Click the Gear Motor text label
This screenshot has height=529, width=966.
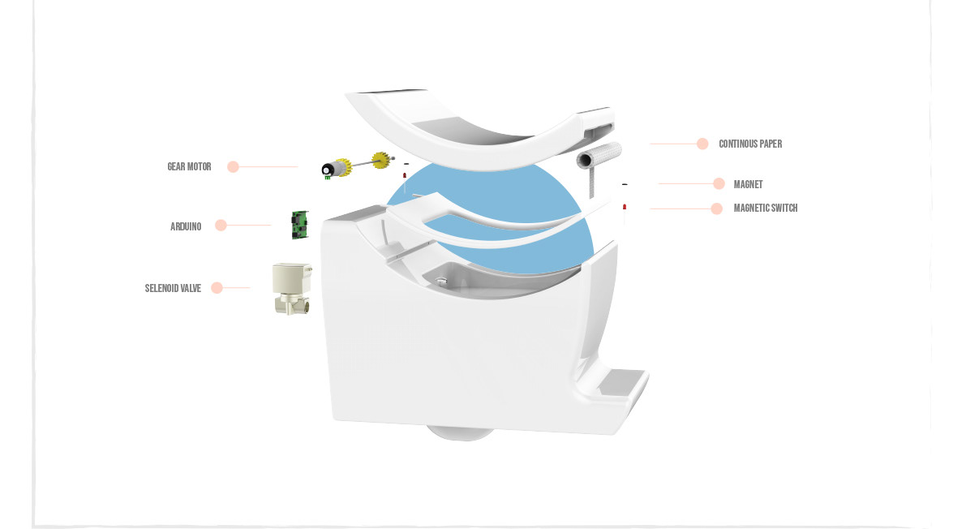point(189,167)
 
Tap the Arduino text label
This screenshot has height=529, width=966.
point(186,226)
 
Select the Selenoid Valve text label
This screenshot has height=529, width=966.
point(173,288)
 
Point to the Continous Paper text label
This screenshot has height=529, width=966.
point(750,144)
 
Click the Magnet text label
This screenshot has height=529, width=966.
point(748,185)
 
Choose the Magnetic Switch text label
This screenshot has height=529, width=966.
point(765,209)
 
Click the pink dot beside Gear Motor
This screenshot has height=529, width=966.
point(233,167)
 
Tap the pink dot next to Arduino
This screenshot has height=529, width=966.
point(221,226)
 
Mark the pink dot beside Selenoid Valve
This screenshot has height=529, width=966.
point(217,287)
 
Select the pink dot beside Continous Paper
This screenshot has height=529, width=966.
point(702,144)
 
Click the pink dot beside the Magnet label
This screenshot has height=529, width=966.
point(719,184)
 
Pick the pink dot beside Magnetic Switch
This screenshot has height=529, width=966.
point(716,209)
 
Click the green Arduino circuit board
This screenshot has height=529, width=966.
point(300,225)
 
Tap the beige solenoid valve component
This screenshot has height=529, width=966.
point(292,288)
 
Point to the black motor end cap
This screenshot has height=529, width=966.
point(328,170)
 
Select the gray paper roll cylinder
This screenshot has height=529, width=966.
point(599,153)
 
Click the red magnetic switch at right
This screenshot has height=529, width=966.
point(625,209)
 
